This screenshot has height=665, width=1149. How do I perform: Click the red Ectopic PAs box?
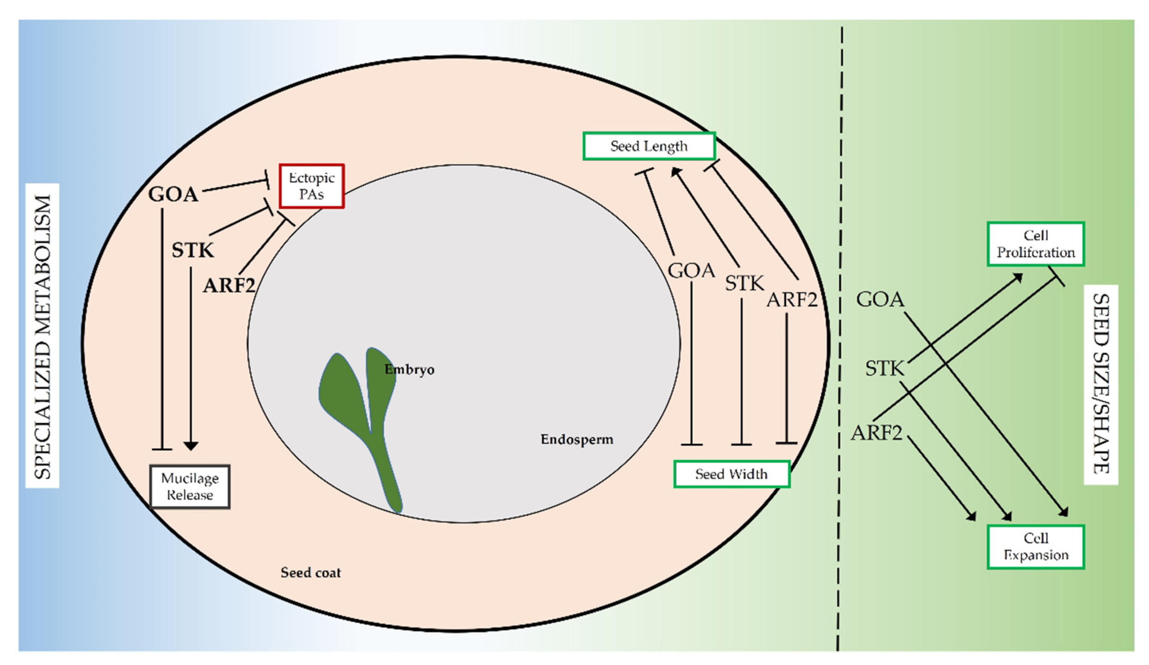point(311,186)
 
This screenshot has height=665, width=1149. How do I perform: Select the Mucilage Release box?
point(190,486)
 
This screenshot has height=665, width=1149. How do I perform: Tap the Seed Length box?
point(649,146)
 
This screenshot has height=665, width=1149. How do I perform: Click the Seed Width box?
point(731,474)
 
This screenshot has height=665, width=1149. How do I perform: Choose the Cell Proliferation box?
point(1035,244)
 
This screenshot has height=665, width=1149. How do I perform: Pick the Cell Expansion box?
point(1035,547)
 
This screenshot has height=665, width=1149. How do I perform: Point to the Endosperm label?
point(577,440)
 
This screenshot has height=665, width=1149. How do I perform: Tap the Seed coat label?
point(311,573)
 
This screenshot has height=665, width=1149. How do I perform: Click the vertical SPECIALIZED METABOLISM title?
point(42,336)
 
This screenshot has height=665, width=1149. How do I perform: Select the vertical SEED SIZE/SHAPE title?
point(1100,384)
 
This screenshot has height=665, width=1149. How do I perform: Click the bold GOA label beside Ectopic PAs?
point(173,195)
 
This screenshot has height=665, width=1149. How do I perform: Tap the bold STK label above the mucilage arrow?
point(192,250)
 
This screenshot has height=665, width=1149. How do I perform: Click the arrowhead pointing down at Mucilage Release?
point(191,446)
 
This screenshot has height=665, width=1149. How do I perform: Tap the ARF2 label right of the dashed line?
point(876,433)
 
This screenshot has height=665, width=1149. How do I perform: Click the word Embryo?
point(409,369)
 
